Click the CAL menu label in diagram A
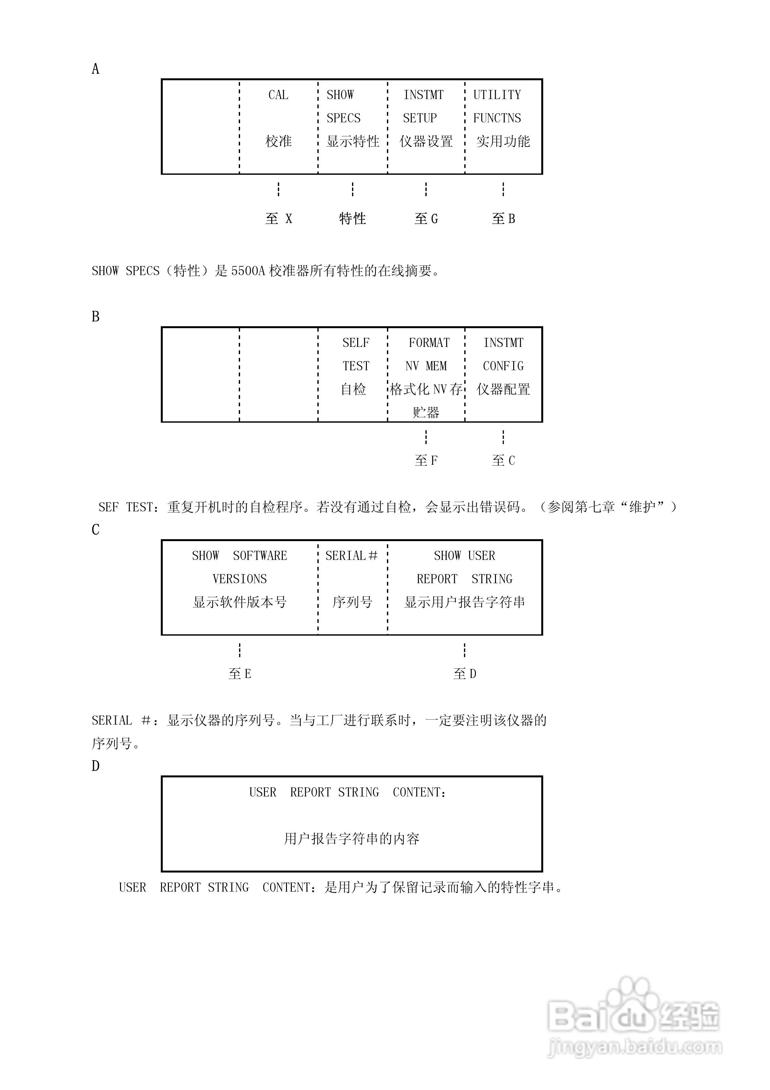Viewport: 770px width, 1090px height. click(x=278, y=95)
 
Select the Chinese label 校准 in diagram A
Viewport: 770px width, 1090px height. click(x=278, y=141)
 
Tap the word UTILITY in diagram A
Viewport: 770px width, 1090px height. click(x=497, y=95)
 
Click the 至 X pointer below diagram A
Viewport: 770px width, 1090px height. click(x=279, y=218)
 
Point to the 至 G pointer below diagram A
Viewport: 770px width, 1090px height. click(x=426, y=218)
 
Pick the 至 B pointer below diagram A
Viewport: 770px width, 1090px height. click(x=503, y=218)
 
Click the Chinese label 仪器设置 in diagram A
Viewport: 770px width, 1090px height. click(x=426, y=141)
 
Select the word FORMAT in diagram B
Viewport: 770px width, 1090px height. click(x=429, y=343)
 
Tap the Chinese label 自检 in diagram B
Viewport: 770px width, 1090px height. click(x=354, y=389)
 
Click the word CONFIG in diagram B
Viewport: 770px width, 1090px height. click(x=503, y=366)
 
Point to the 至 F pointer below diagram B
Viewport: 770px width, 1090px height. click(x=426, y=460)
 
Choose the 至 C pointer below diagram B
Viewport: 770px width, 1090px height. click(x=503, y=460)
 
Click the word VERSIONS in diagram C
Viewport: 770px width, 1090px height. click(x=240, y=579)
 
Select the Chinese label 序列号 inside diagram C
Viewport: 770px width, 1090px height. click(x=352, y=602)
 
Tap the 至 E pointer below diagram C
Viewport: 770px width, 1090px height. click(x=240, y=673)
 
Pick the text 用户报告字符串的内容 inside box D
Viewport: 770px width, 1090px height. click(x=352, y=839)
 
